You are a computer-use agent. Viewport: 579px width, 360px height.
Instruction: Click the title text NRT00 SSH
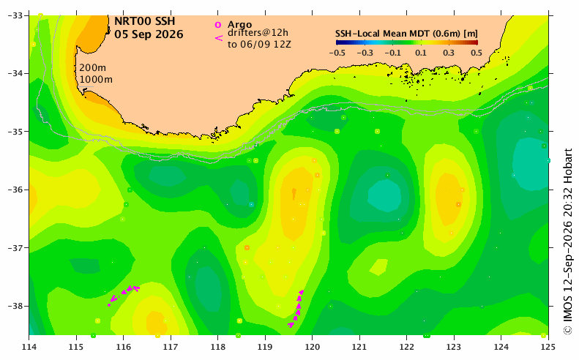point(144,21)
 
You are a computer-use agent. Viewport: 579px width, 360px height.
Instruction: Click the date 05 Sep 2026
point(149,34)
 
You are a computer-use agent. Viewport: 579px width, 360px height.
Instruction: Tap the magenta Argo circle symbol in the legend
point(218,25)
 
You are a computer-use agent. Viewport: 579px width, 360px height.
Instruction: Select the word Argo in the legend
point(239,25)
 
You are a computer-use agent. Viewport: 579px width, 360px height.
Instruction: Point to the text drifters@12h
point(258,33)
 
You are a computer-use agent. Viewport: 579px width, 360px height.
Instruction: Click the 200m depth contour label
point(93,68)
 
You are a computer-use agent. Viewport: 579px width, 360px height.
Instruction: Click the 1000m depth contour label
point(96,79)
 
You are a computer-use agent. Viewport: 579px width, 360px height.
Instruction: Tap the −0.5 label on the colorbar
point(337,53)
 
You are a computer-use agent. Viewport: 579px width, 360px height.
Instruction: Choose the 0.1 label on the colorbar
point(421,53)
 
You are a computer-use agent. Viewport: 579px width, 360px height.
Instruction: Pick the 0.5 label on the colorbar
point(477,53)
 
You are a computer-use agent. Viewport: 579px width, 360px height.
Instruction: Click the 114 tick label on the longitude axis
point(29,347)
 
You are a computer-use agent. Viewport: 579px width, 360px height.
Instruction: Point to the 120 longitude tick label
point(312,347)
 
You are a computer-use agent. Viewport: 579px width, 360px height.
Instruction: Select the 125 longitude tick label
point(548,347)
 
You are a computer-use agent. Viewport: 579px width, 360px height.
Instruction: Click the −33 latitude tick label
point(15,15)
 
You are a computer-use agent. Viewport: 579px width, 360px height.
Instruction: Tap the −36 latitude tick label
point(15,190)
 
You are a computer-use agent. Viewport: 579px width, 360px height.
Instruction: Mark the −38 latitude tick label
point(15,306)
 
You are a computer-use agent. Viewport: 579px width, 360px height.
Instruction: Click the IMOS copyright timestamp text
point(568,242)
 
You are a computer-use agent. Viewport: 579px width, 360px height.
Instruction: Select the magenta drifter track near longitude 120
point(299,307)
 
